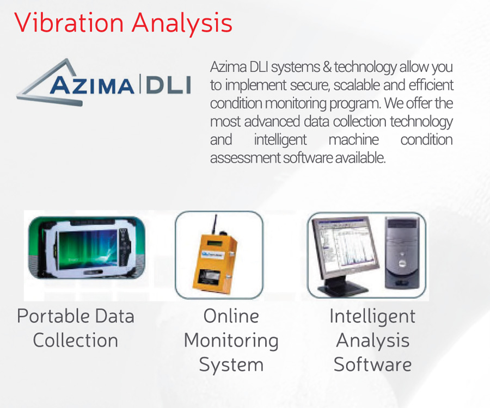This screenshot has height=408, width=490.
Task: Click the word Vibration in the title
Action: pos(69,22)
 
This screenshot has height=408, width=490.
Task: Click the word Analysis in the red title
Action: pos(182,24)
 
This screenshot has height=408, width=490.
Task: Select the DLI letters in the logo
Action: pos(168,85)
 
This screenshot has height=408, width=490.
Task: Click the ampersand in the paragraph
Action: pos(327,67)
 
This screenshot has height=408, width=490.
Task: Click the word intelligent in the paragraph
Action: pos(280,140)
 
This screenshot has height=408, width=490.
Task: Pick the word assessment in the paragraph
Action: pos(246,158)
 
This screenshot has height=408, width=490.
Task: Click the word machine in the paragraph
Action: pos(353,140)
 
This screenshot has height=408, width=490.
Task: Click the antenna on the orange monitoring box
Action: pos(215,224)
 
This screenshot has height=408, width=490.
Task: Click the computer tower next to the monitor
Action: pos(402,252)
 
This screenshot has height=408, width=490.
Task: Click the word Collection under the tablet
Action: pos(76,340)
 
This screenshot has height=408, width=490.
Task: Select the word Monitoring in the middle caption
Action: pos(231,341)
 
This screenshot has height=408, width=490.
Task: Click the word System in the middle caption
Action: pos(231,365)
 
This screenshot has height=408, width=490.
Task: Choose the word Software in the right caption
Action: pos(372,364)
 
